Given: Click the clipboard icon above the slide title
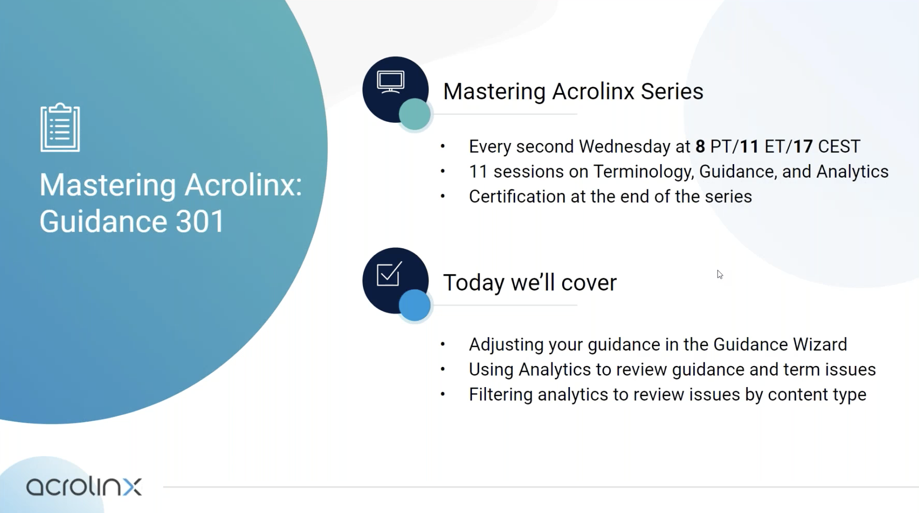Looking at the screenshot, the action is coord(60,127).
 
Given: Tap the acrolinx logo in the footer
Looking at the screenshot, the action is coord(84,486).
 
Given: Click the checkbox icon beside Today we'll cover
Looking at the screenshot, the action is coord(389,274).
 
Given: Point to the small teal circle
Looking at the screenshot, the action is coord(415,114).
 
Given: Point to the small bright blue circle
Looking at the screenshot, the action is coord(415,305).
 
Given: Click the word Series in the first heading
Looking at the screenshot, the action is coord(672,91).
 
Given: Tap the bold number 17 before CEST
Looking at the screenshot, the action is coord(803,147).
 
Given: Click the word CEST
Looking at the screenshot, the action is coord(839,147).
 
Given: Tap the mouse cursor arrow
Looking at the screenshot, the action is coord(720,275).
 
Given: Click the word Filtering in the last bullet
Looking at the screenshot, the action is coord(500,395).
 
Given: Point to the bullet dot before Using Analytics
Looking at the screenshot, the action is coord(442,370).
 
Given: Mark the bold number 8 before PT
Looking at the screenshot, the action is coord(700,147).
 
